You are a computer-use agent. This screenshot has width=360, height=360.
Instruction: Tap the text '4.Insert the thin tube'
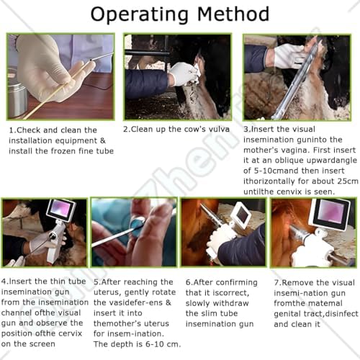tap(42, 282)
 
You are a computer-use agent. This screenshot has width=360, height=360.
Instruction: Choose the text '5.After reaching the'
tap(132, 282)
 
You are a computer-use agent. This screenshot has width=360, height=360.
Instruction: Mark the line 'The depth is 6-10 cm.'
tap(136, 344)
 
